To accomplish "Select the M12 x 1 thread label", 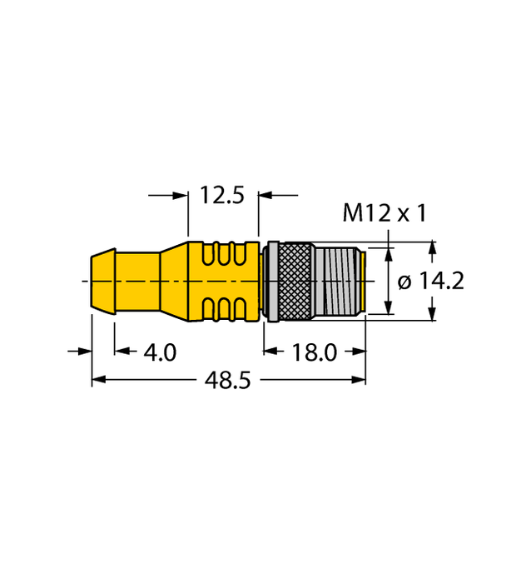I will point(385,214).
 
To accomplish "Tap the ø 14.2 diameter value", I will point(431,282).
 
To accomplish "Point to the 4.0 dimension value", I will point(160,352).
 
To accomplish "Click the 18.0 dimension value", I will point(314,352).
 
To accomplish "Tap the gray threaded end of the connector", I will point(339,282).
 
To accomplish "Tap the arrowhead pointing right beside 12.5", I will point(181,196).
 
